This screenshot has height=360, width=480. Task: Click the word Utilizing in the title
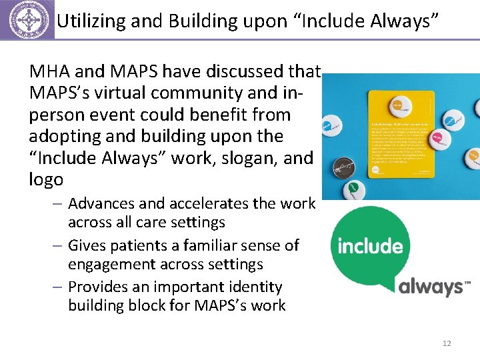[x=87, y=21]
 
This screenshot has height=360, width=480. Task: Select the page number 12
[x=447, y=343]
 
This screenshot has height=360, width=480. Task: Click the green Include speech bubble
[x=369, y=246]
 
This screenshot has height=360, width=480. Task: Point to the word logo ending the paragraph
[x=47, y=179]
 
